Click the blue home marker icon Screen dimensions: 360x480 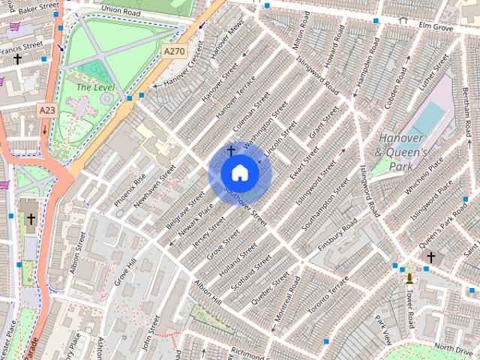click(x=239, y=173)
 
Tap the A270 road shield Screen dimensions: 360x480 click(x=174, y=51)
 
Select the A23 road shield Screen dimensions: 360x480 click(x=47, y=110)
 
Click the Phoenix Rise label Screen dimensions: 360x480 click(x=130, y=190)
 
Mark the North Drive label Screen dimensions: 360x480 click(x=452, y=347)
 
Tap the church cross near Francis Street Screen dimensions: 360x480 click(x=16, y=58)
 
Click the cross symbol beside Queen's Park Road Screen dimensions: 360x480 click(x=430, y=257)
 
